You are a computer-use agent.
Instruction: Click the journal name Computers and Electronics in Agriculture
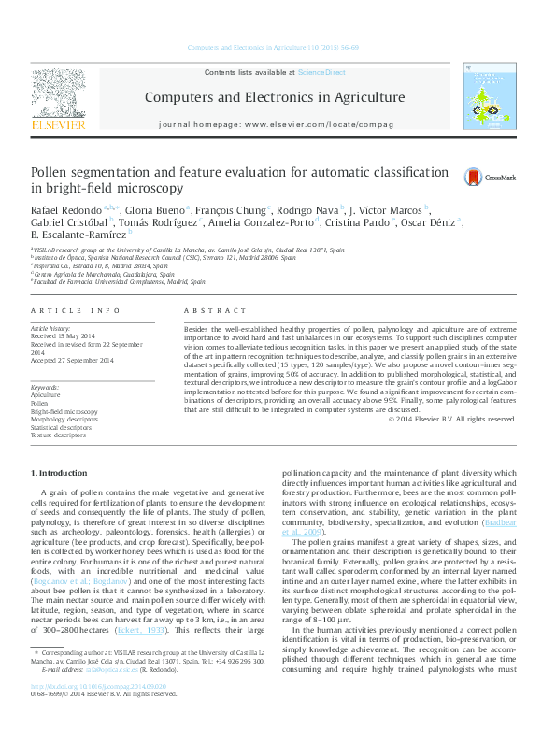click(x=274, y=97)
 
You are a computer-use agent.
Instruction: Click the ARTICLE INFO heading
click(x=76, y=310)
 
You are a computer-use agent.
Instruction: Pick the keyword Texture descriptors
click(x=59, y=436)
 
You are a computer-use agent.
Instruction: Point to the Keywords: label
click(x=46, y=387)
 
